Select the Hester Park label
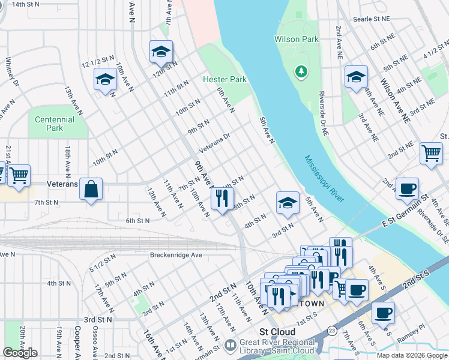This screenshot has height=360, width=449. tap(224, 79)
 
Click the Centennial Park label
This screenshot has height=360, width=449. tap(55, 124)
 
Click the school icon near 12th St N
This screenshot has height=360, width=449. tap(161, 52)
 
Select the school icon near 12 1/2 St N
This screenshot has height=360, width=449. tap(106, 79)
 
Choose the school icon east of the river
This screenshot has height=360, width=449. tap(356, 77)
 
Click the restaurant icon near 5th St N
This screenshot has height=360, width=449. tap(222, 198)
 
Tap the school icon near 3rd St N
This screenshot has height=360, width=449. tap(288, 203)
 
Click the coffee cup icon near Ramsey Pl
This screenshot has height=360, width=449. tap(383, 312)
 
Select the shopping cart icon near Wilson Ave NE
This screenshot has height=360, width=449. tap(432, 153)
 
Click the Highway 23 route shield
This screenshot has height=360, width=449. tap(332, 331)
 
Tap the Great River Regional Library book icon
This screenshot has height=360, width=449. tap(230, 346)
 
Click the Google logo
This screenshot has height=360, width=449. tap(19, 353)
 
